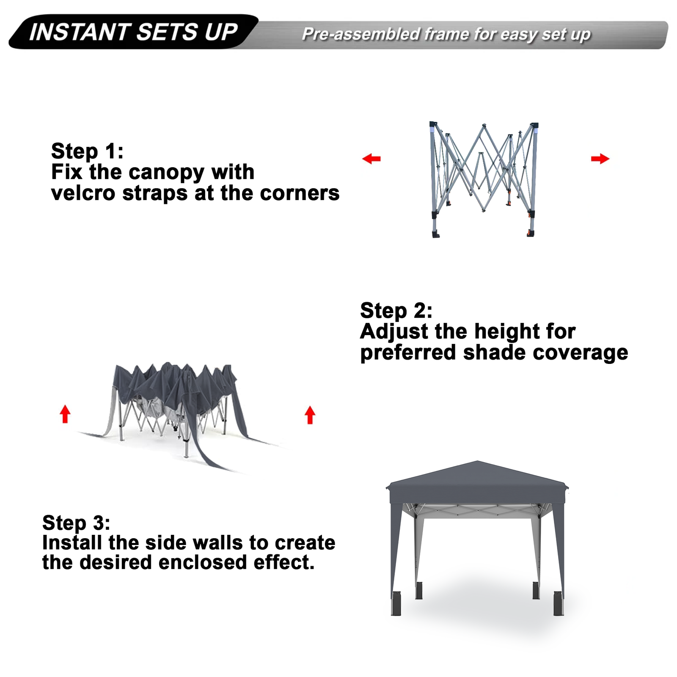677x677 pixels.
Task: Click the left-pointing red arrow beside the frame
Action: [x=372, y=159]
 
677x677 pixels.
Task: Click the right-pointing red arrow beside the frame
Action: [x=600, y=159]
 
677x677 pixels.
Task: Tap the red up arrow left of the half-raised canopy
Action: [x=65, y=414]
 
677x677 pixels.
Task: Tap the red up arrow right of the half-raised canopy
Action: [x=310, y=415]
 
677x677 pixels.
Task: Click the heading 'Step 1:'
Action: [x=87, y=151]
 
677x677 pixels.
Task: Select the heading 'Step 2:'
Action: [x=396, y=311]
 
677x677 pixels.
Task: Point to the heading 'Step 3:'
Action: [x=76, y=523]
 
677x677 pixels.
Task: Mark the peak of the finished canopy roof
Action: [x=477, y=461]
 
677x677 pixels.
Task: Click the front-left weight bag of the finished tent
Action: [x=396, y=603]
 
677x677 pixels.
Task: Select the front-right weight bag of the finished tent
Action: [x=559, y=603]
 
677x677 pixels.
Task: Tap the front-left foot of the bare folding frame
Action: [x=435, y=234]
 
